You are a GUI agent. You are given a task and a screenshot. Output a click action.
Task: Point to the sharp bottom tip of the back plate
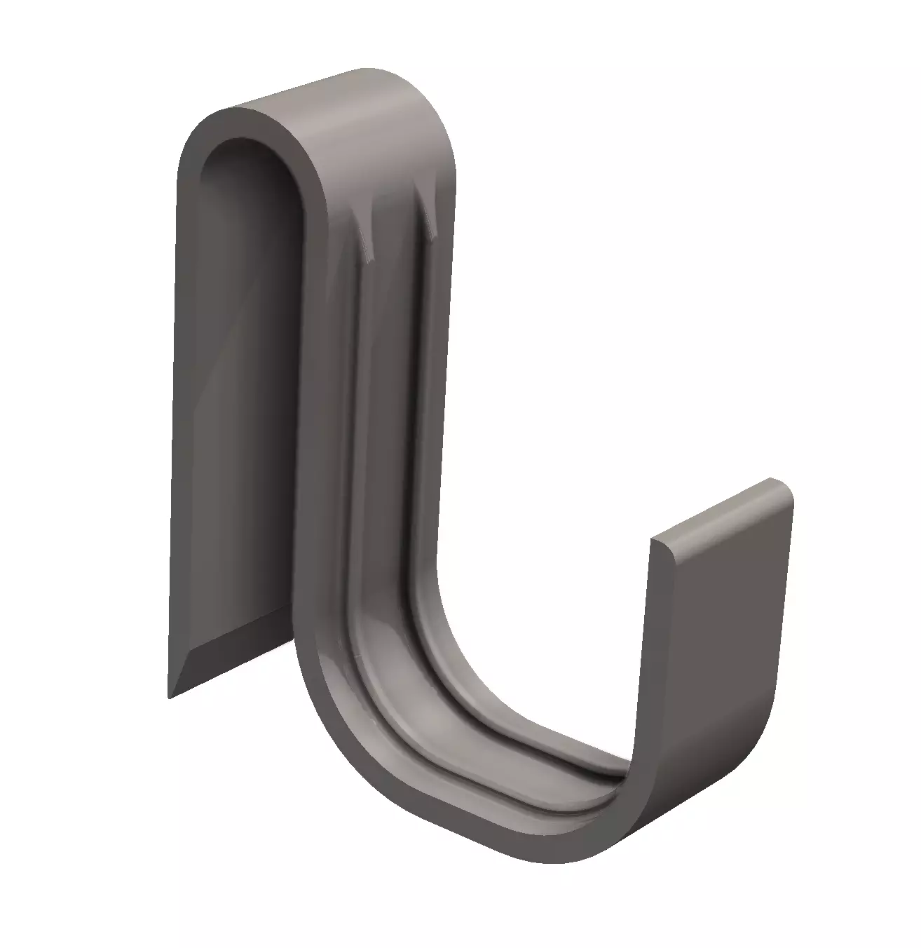point(170,696)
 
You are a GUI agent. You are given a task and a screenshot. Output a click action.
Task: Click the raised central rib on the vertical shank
point(393,421)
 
